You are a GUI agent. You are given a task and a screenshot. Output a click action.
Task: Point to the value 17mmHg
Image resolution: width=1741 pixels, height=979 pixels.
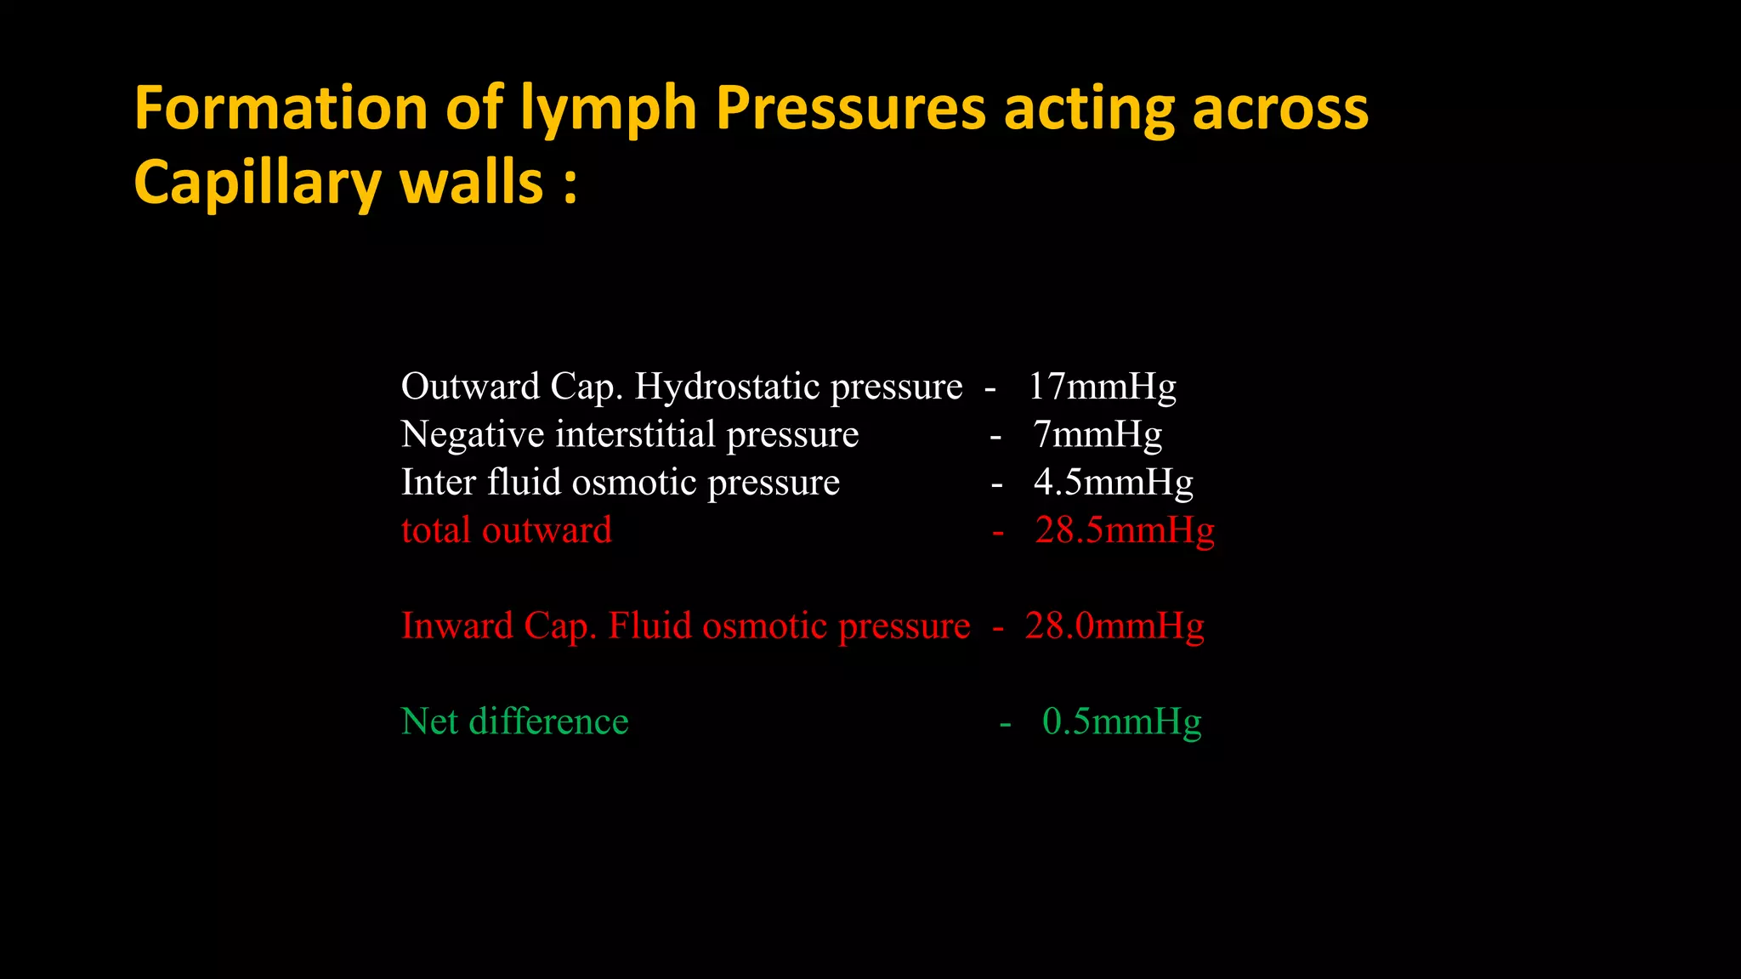coord(1102,387)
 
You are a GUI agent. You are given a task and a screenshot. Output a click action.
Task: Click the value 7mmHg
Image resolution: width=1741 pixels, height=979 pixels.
coord(1097,434)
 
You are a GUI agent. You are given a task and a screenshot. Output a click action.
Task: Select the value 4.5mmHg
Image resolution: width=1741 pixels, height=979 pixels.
coord(1113,482)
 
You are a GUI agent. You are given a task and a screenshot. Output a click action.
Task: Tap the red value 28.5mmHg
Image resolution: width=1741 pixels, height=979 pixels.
coord(1125,530)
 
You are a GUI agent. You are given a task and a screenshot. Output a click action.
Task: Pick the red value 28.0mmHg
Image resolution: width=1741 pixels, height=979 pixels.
coord(1114,625)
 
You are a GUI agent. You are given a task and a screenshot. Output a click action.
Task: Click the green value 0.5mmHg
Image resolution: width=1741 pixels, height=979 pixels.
coord(1121,722)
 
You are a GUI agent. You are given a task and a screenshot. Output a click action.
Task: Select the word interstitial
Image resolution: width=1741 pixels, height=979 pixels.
coord(636,434)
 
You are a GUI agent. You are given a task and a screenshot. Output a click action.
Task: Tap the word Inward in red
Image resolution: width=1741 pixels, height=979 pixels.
coord(457,625)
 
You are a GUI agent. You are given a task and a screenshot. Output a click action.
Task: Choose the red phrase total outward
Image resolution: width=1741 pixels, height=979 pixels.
coord(507,530)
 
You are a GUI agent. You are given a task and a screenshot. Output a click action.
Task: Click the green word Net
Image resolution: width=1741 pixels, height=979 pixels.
coord(430,722)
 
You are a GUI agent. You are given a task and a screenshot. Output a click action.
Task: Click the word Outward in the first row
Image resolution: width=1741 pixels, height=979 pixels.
coord(470,387)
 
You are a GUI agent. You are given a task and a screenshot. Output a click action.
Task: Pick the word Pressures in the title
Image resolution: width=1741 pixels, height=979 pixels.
coord(850,109)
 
